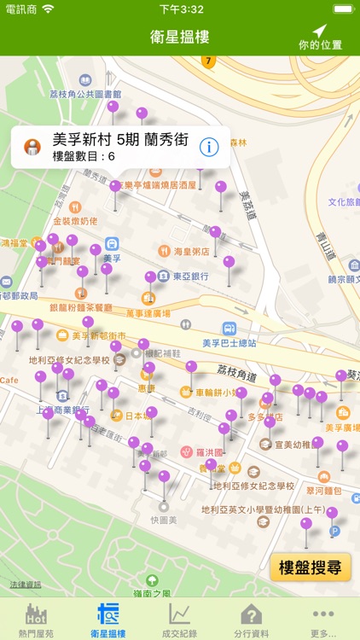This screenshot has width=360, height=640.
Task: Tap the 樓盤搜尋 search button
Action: [x=311, y=567]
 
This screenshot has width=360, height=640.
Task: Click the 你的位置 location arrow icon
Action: [x=320, y=31]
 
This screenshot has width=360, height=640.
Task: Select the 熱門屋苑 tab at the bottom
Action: [x=36, y=618]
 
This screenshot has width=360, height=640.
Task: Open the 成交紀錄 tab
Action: [x=179, y=618]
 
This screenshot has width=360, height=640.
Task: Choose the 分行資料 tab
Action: [x=251, y=618]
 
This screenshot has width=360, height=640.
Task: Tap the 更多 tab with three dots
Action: [x=323, y=618]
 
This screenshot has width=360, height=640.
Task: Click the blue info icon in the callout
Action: [x=208, y=147]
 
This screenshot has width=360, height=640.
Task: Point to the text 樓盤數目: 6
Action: [x=84, y=157]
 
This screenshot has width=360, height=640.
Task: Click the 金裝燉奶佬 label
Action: [x=75, y=221]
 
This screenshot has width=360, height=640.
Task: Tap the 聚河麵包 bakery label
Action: [x=324, y=492]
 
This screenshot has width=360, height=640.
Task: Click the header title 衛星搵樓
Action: [x=179, y=37]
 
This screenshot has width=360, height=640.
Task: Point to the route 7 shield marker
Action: [x=207, y=61]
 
